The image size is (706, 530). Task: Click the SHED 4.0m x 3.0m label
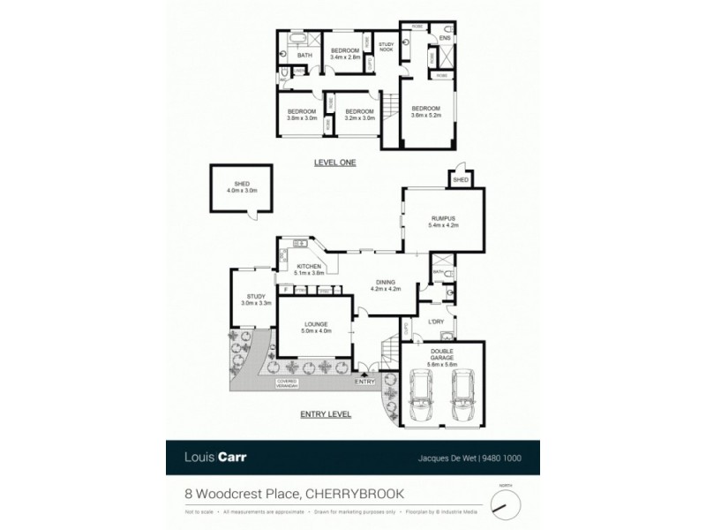237,187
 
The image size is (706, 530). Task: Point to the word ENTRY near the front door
364,381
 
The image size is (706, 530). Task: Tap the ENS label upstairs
445,38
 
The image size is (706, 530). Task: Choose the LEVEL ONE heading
335,163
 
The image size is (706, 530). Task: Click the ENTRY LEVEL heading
327,413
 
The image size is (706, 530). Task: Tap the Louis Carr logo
216,458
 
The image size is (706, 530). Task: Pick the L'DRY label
434,322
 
